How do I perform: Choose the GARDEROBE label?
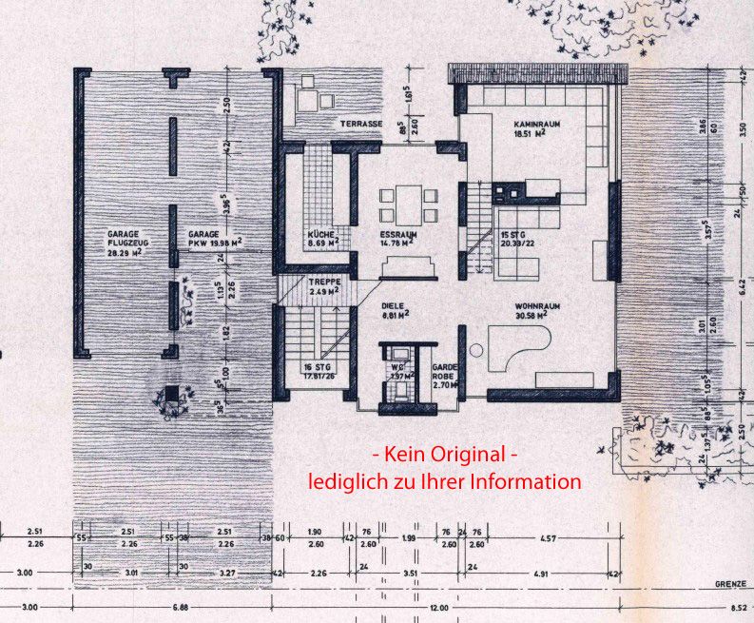click(447, 373)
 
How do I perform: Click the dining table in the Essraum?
click(409, 202)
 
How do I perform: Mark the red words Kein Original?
click(444, 455)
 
